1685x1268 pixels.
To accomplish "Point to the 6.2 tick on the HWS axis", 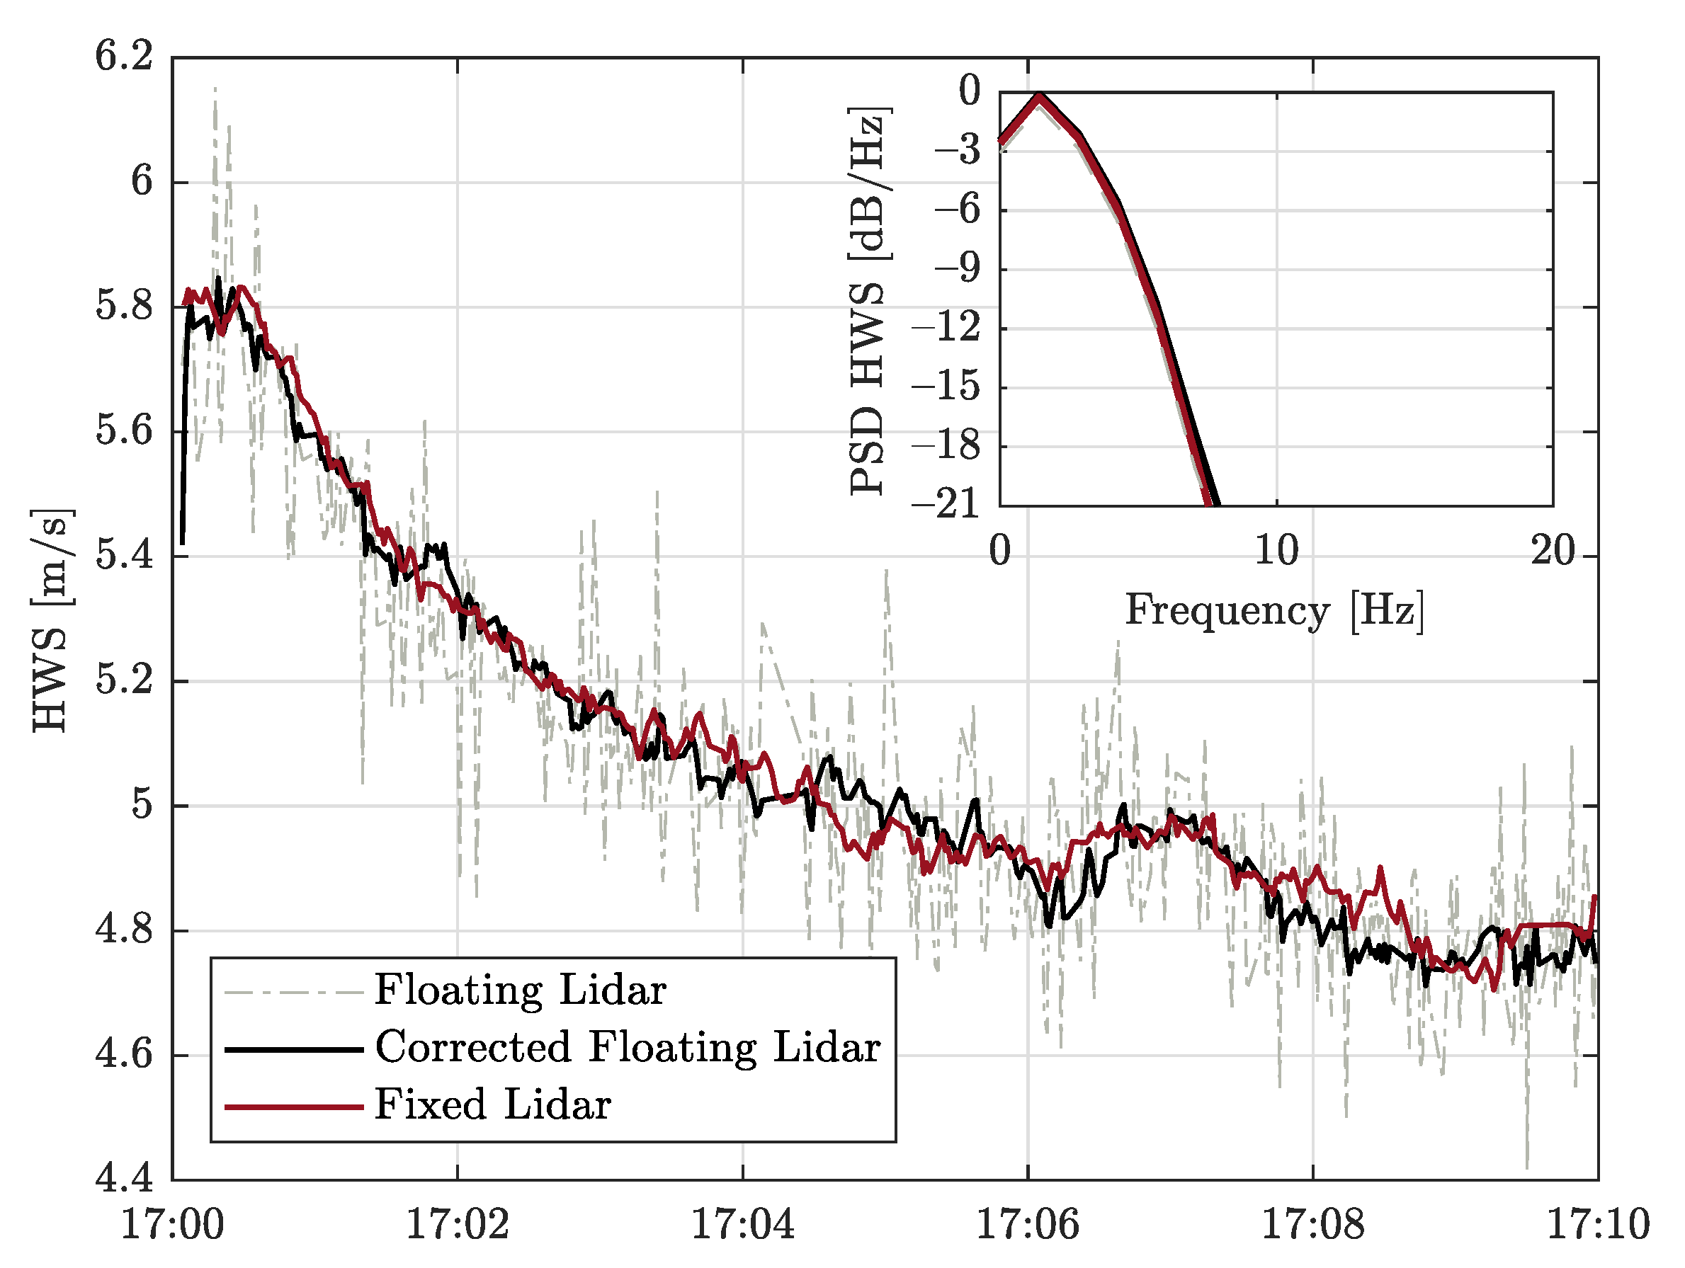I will click(123, 57).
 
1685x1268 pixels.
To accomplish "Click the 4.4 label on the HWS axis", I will click(123, 1180).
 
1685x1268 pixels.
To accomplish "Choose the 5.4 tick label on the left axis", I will click(123, 556).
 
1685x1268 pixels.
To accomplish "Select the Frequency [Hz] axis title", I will click(1274, 611).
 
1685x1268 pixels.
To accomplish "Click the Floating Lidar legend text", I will click(521, 990).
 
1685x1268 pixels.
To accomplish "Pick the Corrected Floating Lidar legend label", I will click(628, 1048).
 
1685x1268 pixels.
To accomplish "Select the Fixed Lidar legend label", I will click(493, 1105).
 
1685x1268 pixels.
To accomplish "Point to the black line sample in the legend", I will click(293, 1050).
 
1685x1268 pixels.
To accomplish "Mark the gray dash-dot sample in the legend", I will click(293, 993).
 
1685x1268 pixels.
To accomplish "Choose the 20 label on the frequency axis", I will click(1553, 550).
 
